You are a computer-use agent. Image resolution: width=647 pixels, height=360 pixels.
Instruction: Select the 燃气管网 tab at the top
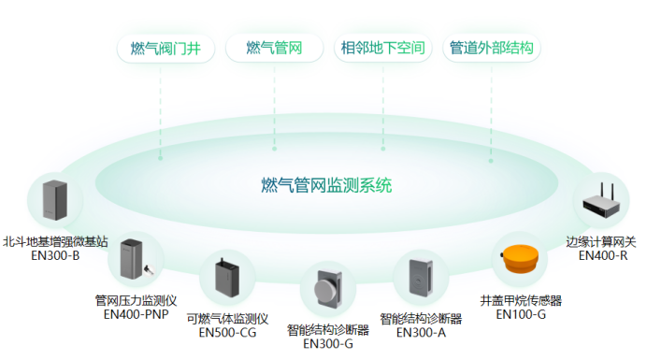click(274, 47)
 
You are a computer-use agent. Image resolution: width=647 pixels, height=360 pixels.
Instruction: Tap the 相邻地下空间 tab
click(383, 47)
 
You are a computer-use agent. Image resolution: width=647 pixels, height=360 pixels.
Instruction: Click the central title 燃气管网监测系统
click(326, 184)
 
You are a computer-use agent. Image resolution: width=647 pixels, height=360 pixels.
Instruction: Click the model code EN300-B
click(55, 254)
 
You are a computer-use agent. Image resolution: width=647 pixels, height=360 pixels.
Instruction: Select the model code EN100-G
click(521, 314)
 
